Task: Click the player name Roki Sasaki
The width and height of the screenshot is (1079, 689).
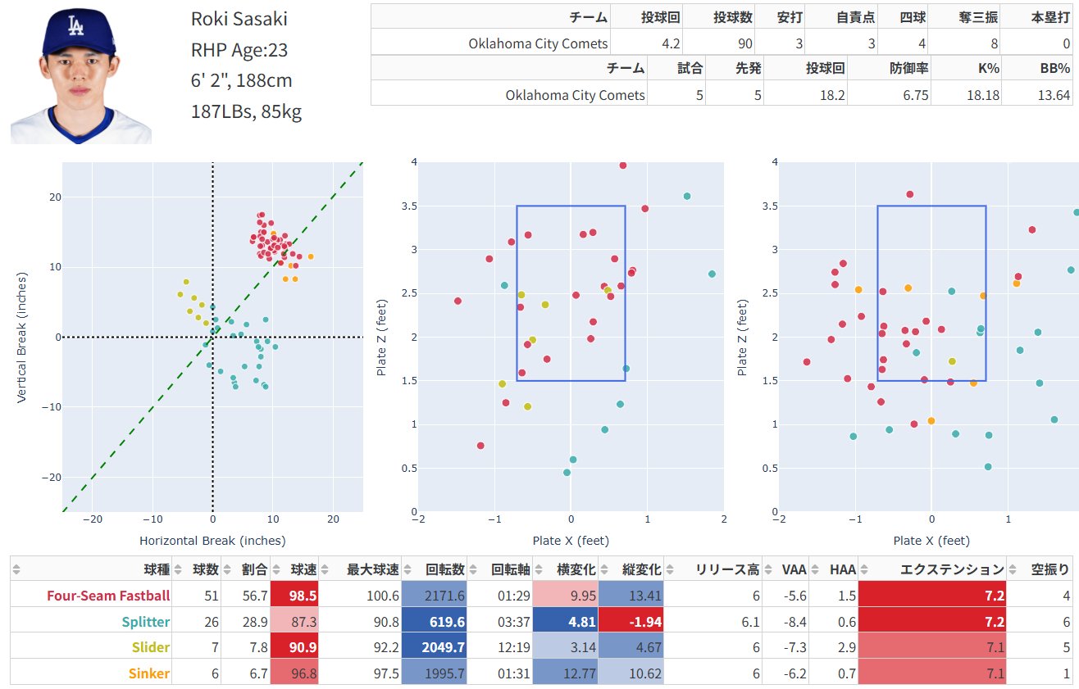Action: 239,20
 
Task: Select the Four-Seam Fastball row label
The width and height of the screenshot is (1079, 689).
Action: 108,596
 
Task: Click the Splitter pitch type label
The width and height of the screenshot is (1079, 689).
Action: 146,622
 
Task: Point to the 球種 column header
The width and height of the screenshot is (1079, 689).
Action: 156,569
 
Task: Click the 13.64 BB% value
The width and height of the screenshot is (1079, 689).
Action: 1053,95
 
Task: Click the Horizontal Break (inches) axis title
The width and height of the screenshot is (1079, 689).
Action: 212,541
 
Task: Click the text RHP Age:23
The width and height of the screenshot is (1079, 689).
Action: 239,50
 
